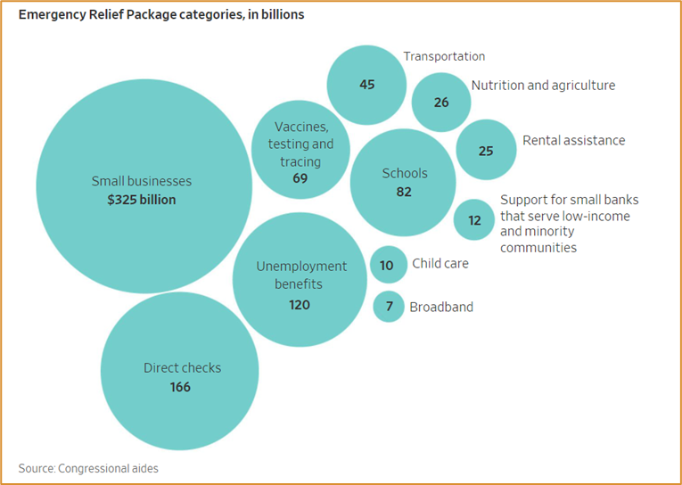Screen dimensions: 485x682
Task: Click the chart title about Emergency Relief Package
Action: pos(160,15)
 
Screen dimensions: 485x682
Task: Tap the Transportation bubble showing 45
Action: pos(366,85)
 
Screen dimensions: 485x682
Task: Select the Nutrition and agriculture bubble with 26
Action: pos(441,102)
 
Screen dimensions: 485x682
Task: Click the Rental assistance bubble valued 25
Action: pos(486,150)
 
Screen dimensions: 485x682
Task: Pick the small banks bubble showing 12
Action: pos(474,219)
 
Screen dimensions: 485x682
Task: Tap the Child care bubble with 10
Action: pos(387,265)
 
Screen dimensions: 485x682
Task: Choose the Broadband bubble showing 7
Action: pos(389,307)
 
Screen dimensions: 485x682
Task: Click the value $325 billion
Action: pos(142,200)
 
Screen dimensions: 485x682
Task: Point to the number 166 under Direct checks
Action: pos(180,387)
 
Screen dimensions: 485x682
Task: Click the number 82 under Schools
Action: pos(404,192)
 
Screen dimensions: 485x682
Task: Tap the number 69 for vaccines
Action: pos(300,178)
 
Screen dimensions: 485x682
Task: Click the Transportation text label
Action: pos(444,56)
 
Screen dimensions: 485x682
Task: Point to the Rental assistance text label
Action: pos(573,140)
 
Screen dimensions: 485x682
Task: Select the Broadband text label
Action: pos(441,307)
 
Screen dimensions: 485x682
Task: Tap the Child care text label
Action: pos(440,264)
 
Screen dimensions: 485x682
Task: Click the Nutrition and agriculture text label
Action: pos(543,86)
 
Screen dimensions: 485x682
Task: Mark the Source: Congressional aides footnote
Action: pos(88,467)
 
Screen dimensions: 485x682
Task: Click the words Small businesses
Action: pos(142,181)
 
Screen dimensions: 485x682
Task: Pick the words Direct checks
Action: pos(182,368)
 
